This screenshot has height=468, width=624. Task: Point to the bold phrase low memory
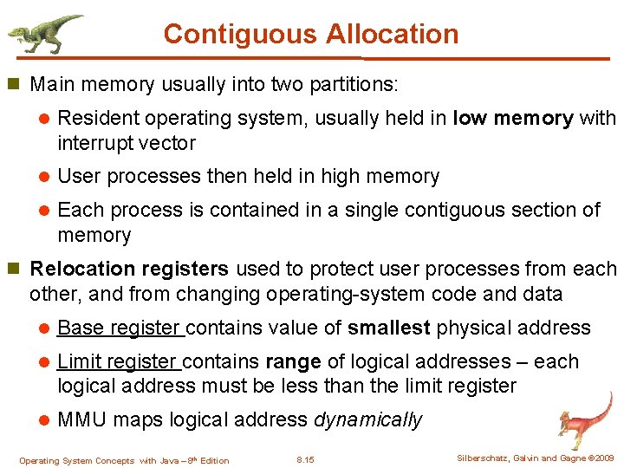pyautogui.click(x=513, y=118)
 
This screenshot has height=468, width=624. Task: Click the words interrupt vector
pyautogui.click(x=127, y=143)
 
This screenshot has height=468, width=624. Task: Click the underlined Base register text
pyautogui.click(x=120, y=328)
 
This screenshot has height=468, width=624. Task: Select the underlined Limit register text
pyautogui.click(x=118, y=361)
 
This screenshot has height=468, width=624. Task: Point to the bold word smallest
pyautogui.click(x=389, y=328)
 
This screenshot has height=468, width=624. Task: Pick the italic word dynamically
pyautogui.click(x=367, y=420)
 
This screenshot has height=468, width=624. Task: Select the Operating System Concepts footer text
pyautogui.click(x=124, y=460)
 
